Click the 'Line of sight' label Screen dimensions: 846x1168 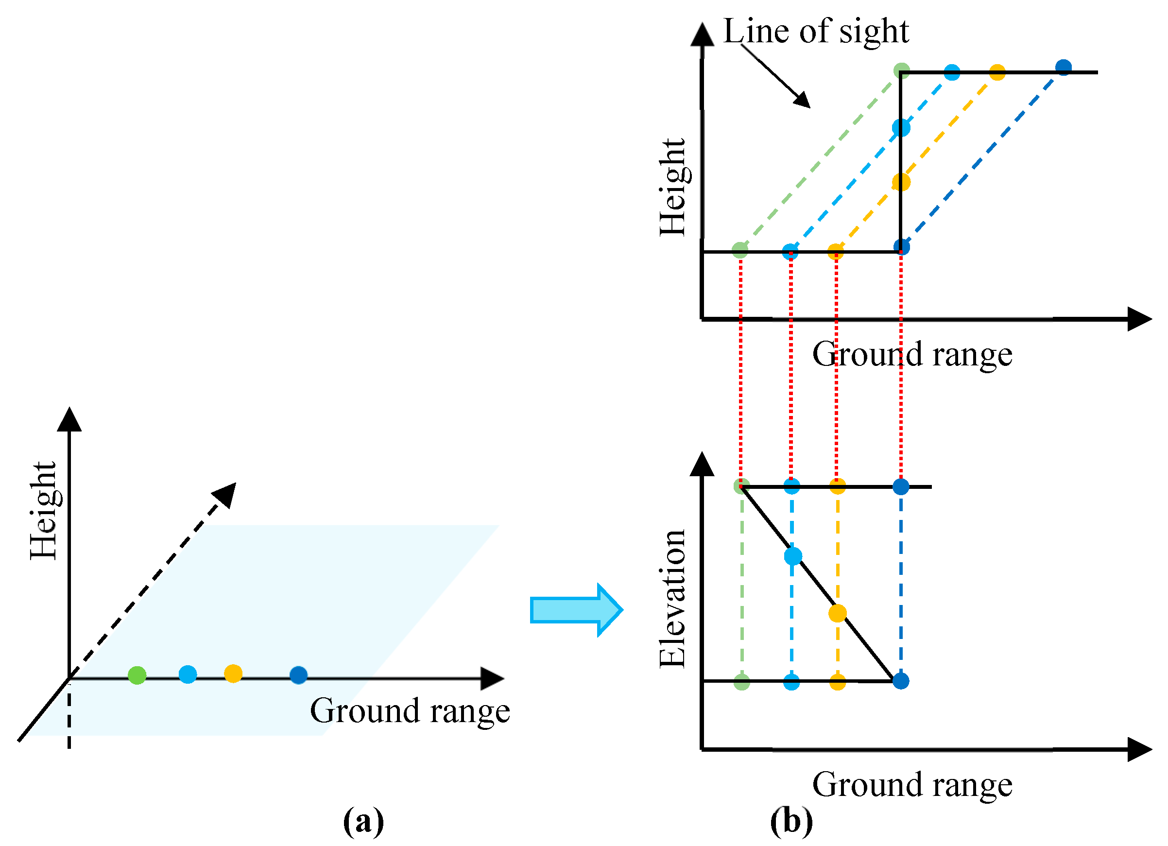pyautogui.click(x=816, y=31)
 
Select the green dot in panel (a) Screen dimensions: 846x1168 pyautogui.click(x=137, y=674)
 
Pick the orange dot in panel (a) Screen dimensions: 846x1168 pyautogui.click(x=233, y=673)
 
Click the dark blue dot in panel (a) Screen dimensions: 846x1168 pyautogui.click(x=299, y=674)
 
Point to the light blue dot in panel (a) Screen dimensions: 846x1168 pyautogui.click(x=188, y=674)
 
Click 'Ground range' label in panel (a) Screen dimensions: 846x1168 pyautogui.click(x=410, y=710)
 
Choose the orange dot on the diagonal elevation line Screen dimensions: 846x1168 pyautogui.click(x=838, y=613)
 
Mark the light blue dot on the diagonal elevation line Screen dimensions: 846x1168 pyautogui.click(x=793, y=556)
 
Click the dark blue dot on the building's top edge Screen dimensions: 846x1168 pyautogui.click(x=1064, y=67)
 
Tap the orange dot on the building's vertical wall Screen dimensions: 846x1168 pyautogui.click(x=901, y=182)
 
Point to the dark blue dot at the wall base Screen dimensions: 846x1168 pyautogui.click(x=901, y=247)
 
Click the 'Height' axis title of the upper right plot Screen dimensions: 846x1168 pyautogui.click(x=672, y=188)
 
